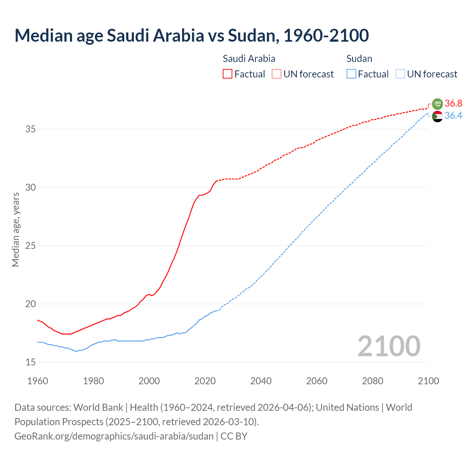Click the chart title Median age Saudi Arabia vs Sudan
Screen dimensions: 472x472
click(x=191, y=35)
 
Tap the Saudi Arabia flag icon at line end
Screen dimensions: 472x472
click(x=437, y=104)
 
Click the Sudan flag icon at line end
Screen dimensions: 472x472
click(x=437, y=116)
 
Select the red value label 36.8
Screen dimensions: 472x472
click(x=453, y=104)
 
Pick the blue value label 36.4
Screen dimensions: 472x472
click(x=453, y=116)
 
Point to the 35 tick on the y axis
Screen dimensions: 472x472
click(x=31, y=129)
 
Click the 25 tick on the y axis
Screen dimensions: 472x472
click(x=31, y=246)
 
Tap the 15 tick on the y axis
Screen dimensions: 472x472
click(x=31, y=362)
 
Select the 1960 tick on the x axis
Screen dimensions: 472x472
click(x=38, y=381)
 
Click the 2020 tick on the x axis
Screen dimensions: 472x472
click(x=205, y=381)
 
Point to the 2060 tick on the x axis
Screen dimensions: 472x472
click(x=317, y=381)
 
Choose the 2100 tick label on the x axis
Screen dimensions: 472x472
click(x=428, y=381)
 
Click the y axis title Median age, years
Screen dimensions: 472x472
click(x=15, y=229)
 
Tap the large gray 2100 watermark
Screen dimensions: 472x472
click(x=389, y=346)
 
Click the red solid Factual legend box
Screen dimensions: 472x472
click(x=228, y=74)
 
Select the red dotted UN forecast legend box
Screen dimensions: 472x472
click(x=277, y=74)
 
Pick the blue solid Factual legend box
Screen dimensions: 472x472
click(x=351, y=74)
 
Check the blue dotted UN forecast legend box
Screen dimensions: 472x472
click(x=400, y=74)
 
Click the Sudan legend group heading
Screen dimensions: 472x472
click(x=359, y=59)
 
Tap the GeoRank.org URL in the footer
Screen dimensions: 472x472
click(x=114, y=436)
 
